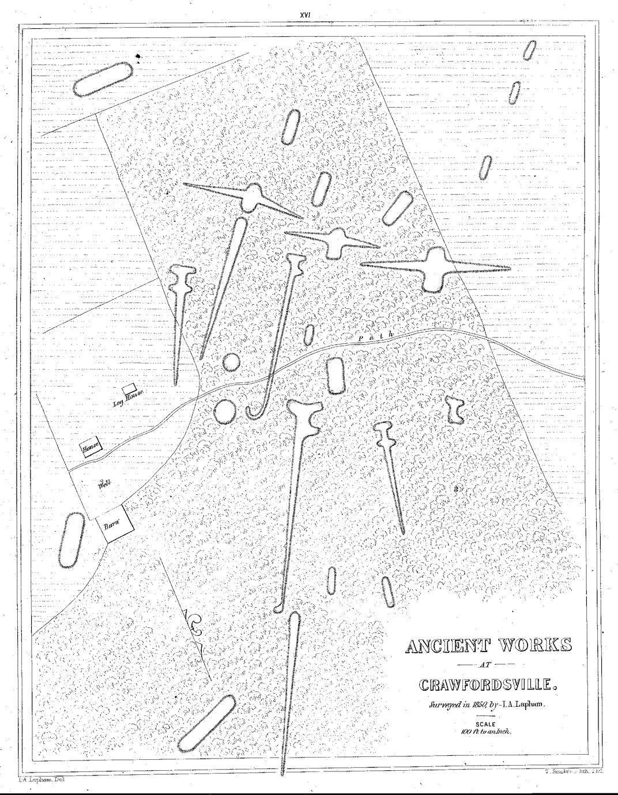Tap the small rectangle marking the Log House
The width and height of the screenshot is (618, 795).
click(x=130, y=389)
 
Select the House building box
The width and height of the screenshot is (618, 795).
click(x=90, y=448)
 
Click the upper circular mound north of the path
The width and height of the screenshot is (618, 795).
click(x=231, y=362)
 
